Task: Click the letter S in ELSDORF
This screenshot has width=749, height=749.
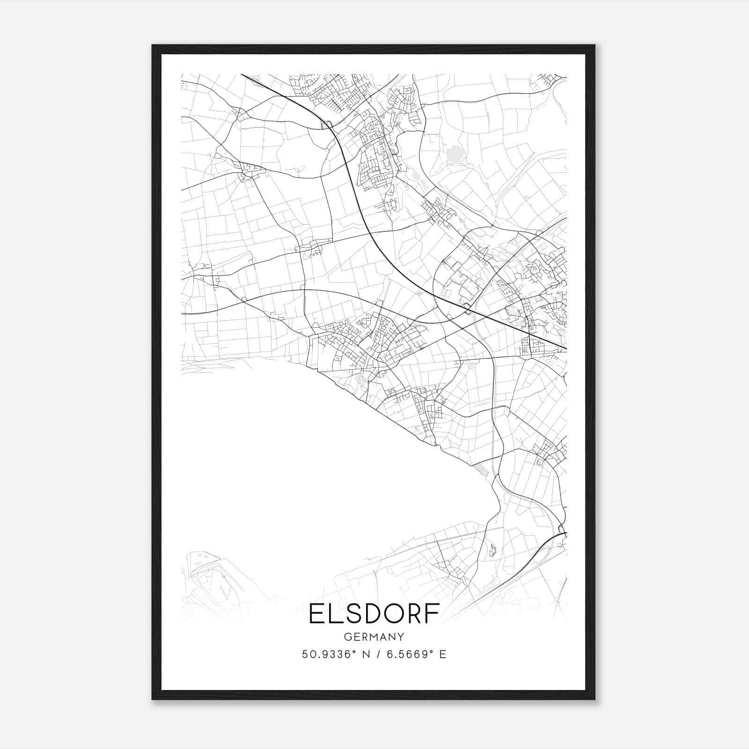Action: point(352,614)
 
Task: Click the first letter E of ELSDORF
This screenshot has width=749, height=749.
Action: point(317,614)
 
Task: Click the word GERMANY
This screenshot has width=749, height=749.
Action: point(374,637)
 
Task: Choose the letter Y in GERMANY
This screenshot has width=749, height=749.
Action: point(401,637)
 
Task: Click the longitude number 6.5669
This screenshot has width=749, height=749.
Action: point(404,654)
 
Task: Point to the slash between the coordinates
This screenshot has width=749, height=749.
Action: point(375,654)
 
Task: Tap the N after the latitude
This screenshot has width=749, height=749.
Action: point(362,654)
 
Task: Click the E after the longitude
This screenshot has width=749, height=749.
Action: point(442,654)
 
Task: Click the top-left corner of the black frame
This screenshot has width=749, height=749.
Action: point(153,45)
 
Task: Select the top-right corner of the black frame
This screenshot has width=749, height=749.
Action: point(595,45)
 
